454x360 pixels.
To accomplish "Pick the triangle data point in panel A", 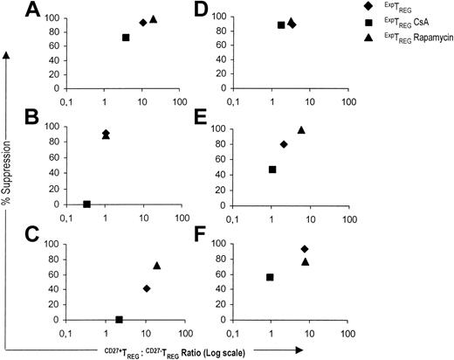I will click(x=154, y=19).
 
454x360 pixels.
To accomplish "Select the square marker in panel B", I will click(x=86, y=204).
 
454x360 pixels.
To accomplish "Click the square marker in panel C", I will click(x=119, y=320).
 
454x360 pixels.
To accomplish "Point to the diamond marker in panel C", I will click(x=147, y=288).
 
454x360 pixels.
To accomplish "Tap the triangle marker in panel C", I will click(x=157, y=265).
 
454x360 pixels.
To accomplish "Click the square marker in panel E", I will click(x=272, y=170).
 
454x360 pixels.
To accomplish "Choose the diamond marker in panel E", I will click(x=284, y=144).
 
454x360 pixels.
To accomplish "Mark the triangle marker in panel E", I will click(x=301, y=130).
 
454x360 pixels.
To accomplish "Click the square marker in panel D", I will click(x=281, y=25).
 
